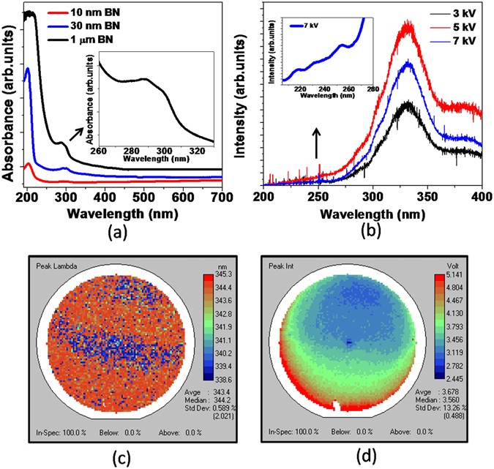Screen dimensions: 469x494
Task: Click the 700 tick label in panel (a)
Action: click(233, 198)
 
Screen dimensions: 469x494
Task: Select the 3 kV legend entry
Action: click(465, 14)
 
